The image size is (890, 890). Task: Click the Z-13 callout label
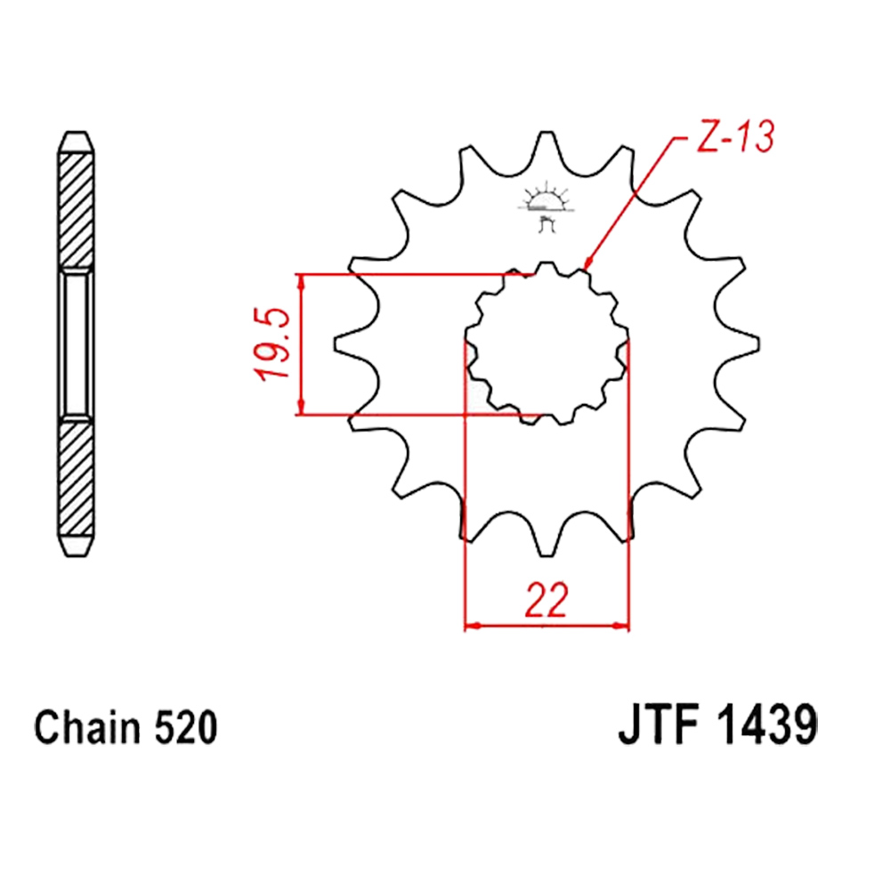coord(736,137)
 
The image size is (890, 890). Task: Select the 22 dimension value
coord(546,600)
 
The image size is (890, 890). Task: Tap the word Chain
coord(87,727)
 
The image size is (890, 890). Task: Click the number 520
coord(186,728)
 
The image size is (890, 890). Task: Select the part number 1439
coord(767,726)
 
